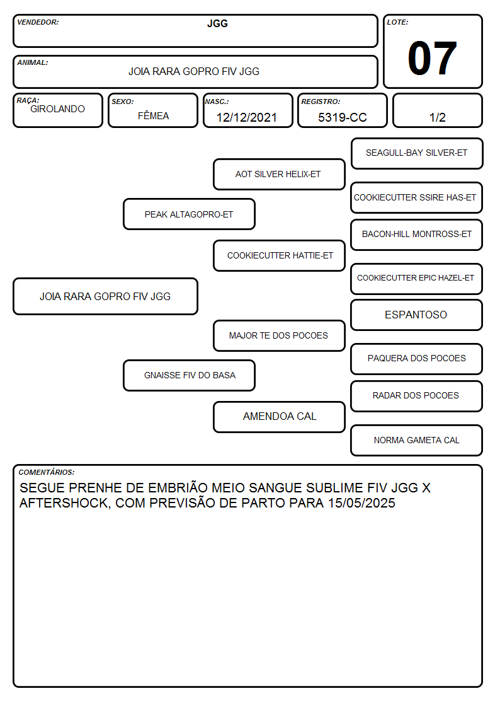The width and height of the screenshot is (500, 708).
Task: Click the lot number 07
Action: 432,58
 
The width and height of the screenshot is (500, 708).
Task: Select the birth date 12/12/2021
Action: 247,117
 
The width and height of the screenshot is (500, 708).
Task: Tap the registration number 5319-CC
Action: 342,117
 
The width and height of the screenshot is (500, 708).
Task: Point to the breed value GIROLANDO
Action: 57,109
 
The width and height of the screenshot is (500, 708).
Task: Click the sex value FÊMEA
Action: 153,116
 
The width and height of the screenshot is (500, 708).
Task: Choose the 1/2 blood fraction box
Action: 437,110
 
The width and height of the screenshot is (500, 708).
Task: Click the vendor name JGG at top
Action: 217,23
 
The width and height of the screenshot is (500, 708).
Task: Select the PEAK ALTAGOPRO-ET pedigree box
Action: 189,214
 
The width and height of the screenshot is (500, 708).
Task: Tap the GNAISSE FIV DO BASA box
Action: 189,375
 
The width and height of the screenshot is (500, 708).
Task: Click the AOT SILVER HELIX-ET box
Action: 279,174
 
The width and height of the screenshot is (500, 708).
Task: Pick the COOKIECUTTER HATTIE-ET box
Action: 279,255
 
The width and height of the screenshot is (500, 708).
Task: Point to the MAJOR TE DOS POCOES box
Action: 279,335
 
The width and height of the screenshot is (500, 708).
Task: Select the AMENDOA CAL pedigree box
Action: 279,417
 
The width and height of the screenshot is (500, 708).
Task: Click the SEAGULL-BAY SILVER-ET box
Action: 417,154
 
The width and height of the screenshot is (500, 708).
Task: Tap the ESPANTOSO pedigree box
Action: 417,315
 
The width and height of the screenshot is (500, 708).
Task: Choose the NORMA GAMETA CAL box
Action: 417,440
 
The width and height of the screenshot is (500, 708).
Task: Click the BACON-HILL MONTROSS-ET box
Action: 417,235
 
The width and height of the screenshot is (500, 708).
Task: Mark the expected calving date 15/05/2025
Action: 361,503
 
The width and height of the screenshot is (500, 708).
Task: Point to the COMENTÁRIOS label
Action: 47,472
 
